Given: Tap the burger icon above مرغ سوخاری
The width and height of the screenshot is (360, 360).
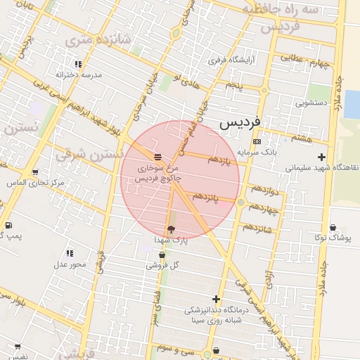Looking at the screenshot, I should point(158,156).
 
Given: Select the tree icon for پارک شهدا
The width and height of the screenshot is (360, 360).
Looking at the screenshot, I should point(171,229).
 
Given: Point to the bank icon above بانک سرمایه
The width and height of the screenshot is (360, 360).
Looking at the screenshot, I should point(257,141).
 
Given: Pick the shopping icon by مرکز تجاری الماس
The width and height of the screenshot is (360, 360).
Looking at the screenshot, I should point(35,172).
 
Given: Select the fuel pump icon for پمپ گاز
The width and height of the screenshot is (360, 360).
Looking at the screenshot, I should point(8,225).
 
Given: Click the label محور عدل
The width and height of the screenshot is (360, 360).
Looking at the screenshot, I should point(70,264).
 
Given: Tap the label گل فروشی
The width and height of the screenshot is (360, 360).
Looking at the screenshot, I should point(162,265).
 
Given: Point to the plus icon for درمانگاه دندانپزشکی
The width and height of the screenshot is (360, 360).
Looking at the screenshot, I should point(217,298).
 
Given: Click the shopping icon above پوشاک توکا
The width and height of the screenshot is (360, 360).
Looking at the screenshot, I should point(333,228).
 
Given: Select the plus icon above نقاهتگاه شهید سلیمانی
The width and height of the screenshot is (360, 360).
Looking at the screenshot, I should point(322,157).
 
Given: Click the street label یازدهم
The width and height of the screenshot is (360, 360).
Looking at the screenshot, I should point(219,160).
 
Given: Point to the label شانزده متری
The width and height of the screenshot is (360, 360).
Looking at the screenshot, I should point(89,41).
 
